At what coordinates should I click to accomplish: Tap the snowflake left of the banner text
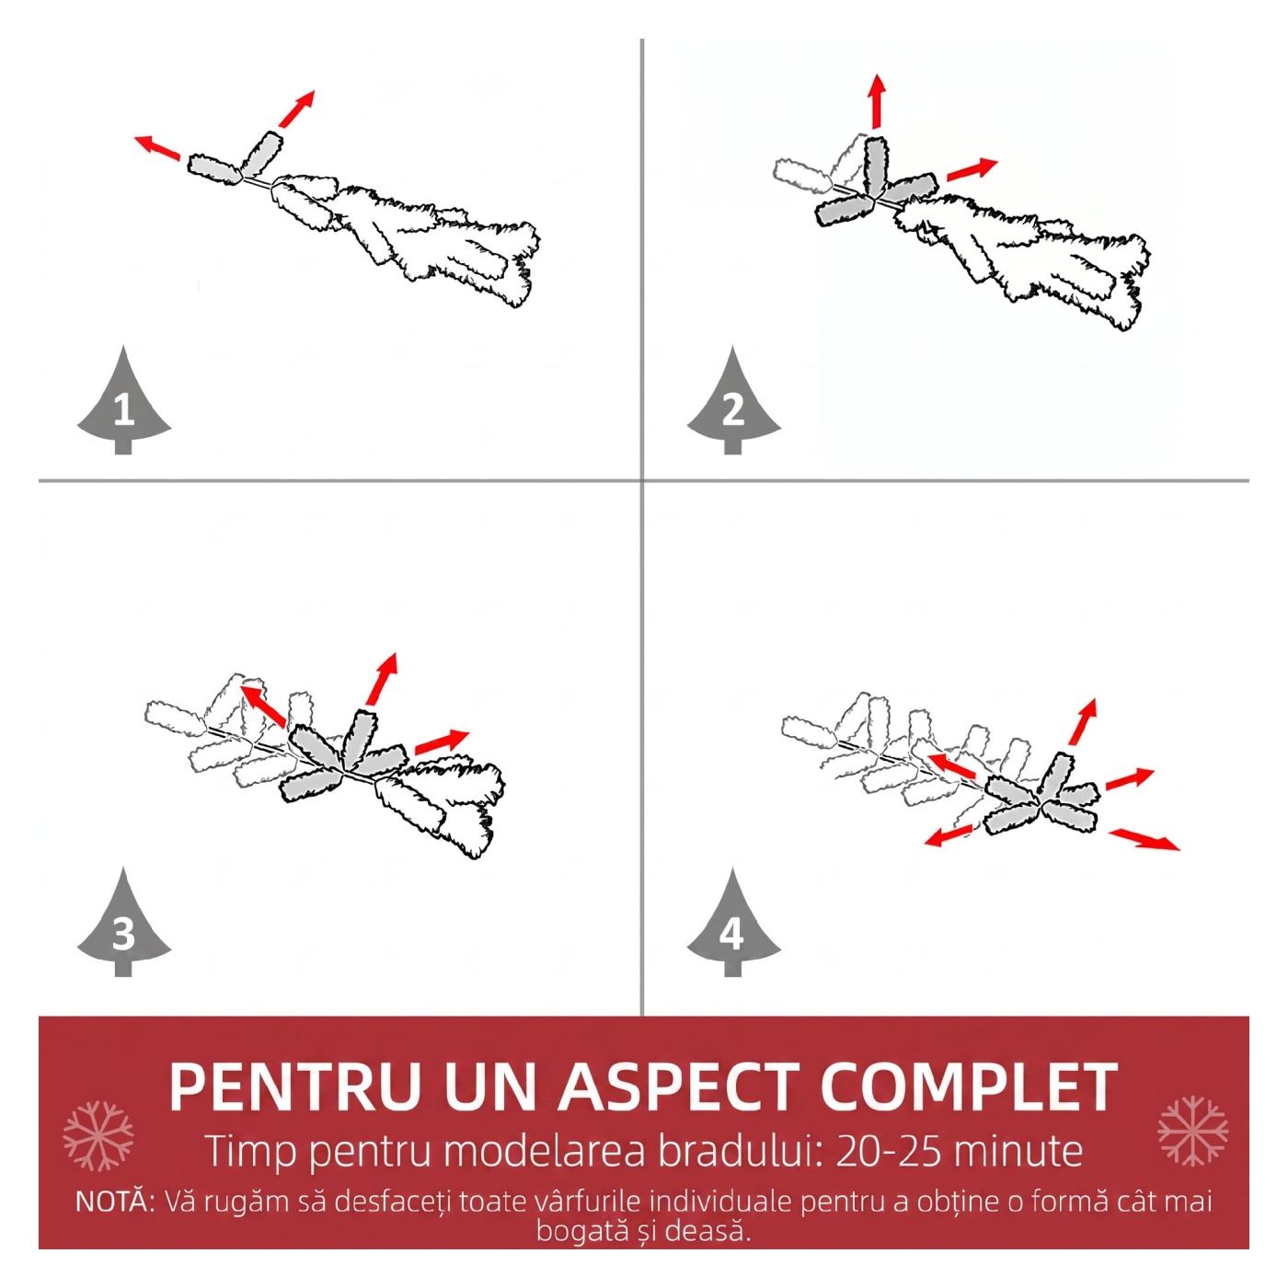click(98, 1136)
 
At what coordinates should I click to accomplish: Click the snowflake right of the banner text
click(1193, 1131)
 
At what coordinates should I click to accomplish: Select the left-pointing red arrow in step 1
click(157, 148)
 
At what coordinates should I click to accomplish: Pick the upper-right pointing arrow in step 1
click(296, 109)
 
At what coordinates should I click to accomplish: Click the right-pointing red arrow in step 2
click(972, 170)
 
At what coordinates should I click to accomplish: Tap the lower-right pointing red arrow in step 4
click(1144, 839)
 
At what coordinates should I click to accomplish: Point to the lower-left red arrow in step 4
click(949, 834)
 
